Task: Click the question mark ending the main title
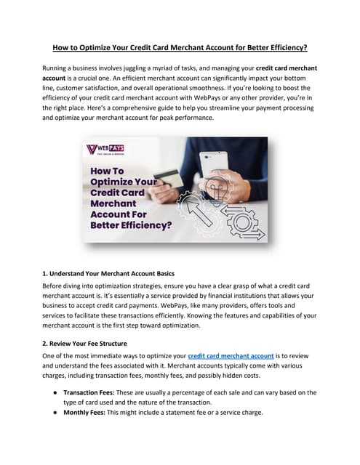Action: point(305,47)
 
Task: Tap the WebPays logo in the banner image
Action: point(105,150)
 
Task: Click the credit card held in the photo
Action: point(168,179)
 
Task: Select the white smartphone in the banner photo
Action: point(214,165)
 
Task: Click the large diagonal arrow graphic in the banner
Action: point(198,211)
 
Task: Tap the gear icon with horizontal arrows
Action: point(242,222)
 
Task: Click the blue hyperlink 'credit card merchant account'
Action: point(231,356)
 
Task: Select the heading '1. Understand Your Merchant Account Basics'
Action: point(108,273)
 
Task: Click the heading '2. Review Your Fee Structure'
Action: point(84,344)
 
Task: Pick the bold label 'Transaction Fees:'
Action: point(89,392)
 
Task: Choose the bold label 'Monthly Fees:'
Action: point(84,413)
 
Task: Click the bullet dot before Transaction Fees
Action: point(55,392)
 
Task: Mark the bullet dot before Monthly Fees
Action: point(55,413)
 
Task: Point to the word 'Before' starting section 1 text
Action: point(52,286)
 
